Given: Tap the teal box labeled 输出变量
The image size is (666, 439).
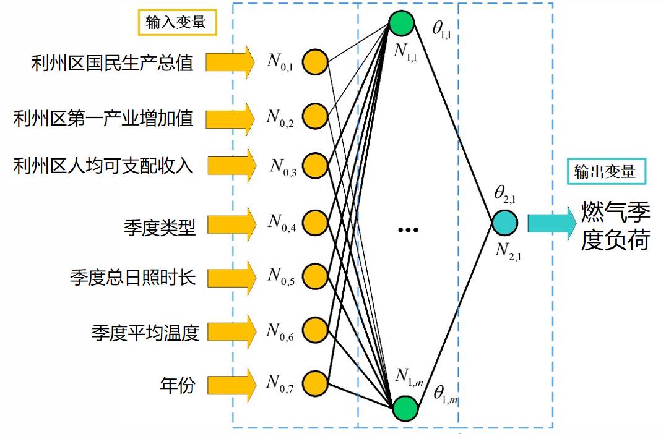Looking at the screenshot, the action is tap(605, 171).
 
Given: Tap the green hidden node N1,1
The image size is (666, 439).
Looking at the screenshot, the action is tap(402, 23).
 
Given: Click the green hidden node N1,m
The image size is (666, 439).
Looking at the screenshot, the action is tap(405, 409).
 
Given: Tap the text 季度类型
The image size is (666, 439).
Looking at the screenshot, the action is tap(160, 228).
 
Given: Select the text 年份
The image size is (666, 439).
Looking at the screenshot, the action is tap(178, 386).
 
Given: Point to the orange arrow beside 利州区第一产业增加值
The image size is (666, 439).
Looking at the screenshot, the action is tap(230, 116).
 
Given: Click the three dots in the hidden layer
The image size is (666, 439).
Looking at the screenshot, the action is tap(408, 230).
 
